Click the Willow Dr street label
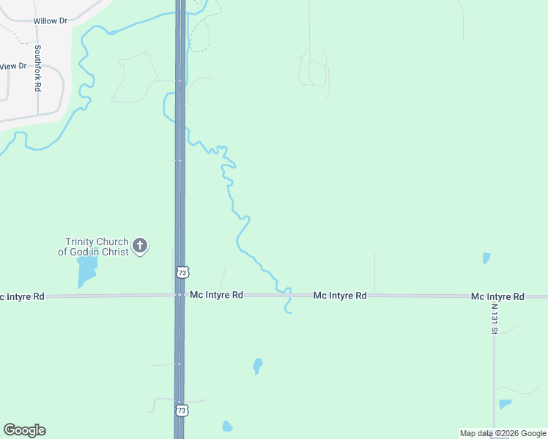coord(51,21)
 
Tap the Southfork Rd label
coord(37,68)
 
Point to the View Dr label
coord(12,66)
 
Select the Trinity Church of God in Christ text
coord(97,247)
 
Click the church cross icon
coord(140,246)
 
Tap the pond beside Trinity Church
coord(86,270)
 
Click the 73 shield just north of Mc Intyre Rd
coord(182,271)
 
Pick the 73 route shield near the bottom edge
coord(182,410)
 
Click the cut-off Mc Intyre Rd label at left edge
coord(22,296)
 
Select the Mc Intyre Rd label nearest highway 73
coord(216,296)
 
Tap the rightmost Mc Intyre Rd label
coord(497,296)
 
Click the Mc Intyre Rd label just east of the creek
coord(340,296)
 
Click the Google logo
coord(24,430)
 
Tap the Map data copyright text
coord(503,433)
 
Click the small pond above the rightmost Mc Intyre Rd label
coord(486,258)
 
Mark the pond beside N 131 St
coord(505,404)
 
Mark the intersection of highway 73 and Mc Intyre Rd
coord(179,296)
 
